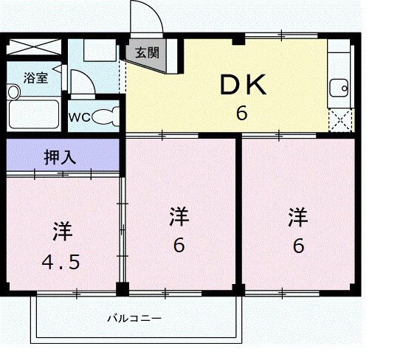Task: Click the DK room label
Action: (241, 86)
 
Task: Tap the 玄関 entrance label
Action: (146, 53)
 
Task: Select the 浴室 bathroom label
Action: (35, 77)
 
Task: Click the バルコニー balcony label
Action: (134, 319)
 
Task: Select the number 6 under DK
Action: (241, 114)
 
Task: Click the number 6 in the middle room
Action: (179, 246)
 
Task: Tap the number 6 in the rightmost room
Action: (297, 246)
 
